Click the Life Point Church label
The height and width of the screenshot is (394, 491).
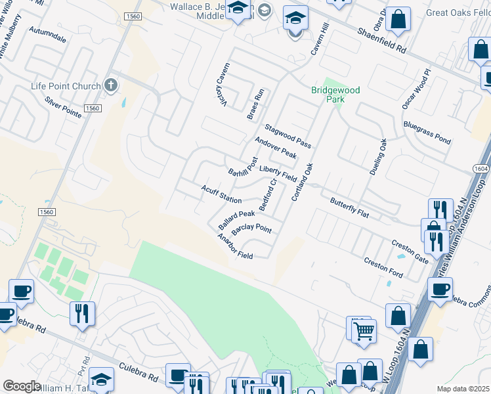[66, 86]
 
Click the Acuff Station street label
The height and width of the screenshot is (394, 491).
[221, 194]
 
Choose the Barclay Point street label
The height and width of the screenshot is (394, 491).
[251, 231]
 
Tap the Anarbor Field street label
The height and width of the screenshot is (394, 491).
[235, 246]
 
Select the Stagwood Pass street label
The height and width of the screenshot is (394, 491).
[288, 135]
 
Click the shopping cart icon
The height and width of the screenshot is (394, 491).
[364, 331]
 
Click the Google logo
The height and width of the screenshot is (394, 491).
[21, 386]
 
